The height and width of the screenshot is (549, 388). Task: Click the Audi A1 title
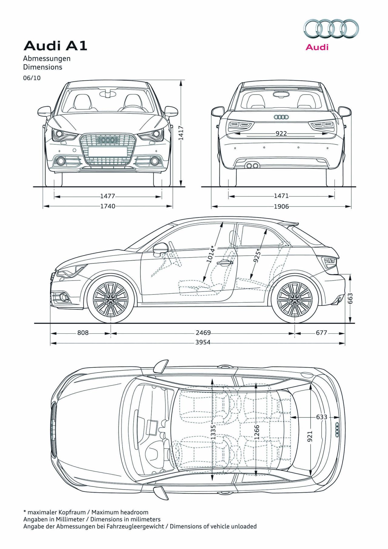55,46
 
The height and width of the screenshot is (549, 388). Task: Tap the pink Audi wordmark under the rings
317,47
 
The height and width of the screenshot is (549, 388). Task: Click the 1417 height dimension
181,133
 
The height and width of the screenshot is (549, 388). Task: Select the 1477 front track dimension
108,197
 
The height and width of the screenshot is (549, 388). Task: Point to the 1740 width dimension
108,206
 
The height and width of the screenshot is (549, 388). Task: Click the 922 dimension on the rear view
281,133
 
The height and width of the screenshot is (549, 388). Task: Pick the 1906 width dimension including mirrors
281,207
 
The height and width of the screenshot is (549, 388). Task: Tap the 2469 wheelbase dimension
203,333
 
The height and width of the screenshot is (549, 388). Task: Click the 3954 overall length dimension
203,342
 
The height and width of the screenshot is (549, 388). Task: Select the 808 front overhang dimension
83,333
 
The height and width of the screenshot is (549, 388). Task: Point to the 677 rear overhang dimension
321,333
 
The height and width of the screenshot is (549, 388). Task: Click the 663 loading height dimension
350,299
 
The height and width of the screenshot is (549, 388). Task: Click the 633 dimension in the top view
321,417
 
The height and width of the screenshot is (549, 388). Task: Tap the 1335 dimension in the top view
213,432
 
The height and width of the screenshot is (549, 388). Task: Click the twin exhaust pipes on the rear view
252,166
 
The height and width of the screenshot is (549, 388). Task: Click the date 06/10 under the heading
32,78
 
